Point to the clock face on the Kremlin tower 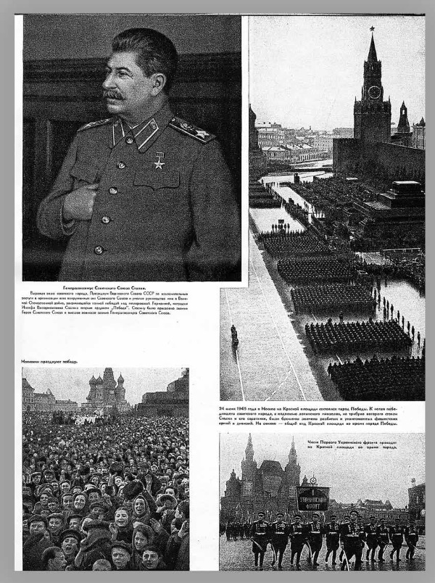374,92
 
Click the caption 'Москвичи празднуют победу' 50,361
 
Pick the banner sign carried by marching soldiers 312,498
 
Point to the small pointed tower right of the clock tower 403,117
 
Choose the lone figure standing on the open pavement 234,335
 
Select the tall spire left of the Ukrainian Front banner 249,452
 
